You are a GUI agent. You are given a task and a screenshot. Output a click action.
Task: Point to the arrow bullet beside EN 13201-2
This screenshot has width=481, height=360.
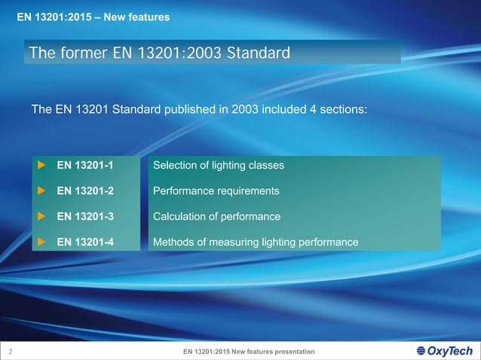(x=42, y=191)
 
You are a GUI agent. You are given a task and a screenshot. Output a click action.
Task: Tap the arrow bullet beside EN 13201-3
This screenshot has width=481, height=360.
(x=42, y=216)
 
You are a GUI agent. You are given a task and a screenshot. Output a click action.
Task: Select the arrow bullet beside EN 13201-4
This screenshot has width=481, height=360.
(x=42, y=242)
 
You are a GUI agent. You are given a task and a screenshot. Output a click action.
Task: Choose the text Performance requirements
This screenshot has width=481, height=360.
(x=216, y=191)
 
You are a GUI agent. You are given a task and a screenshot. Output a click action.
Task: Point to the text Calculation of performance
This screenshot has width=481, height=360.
(x=216, y=216)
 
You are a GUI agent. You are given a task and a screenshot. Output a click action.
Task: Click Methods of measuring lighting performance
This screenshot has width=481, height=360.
(x=256, y=242)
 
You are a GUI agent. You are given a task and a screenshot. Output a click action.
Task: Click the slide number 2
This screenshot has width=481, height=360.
(x=10, y=352)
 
